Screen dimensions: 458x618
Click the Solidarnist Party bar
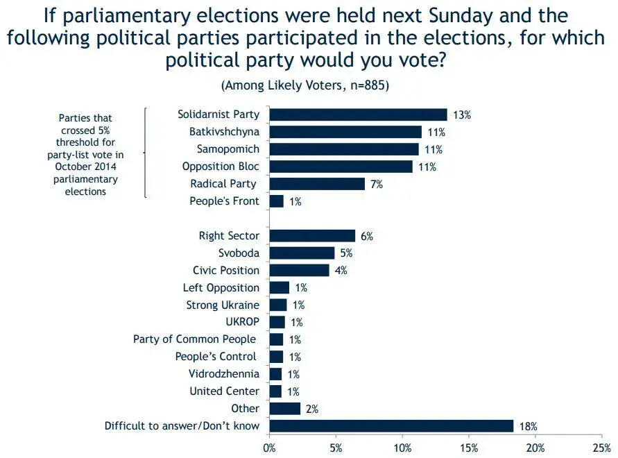pyautogui.click(x=358, y=114)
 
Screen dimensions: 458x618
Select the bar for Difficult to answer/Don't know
pyautogui.click(x=391, y=426)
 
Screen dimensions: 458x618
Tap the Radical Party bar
pyautogui.click(x=317, y=184)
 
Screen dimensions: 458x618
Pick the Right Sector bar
pyautogui.click(x=312, y=236)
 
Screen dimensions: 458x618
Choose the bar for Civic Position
pyautogui.click(x=299, y=271)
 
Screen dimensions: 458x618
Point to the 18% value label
pyautogui.click(x=528, y=426)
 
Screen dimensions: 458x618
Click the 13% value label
pyautogui.click(x=462, y=115)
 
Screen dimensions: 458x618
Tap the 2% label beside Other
pyautogui.click(x=311, y=409)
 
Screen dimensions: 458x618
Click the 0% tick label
pyautogui.click(x=269, y=448)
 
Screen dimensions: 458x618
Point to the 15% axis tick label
pyautogui.click(x=469, y=448)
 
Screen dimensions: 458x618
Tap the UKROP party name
pyautogui.click(x=241, y=322)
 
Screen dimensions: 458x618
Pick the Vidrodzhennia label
pyautogui.click(x=224, y=374)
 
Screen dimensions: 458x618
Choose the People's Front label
pyautogui.click(x=224, y=201)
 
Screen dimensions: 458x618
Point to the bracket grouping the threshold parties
pyautogui.click(x=146, y=153)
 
